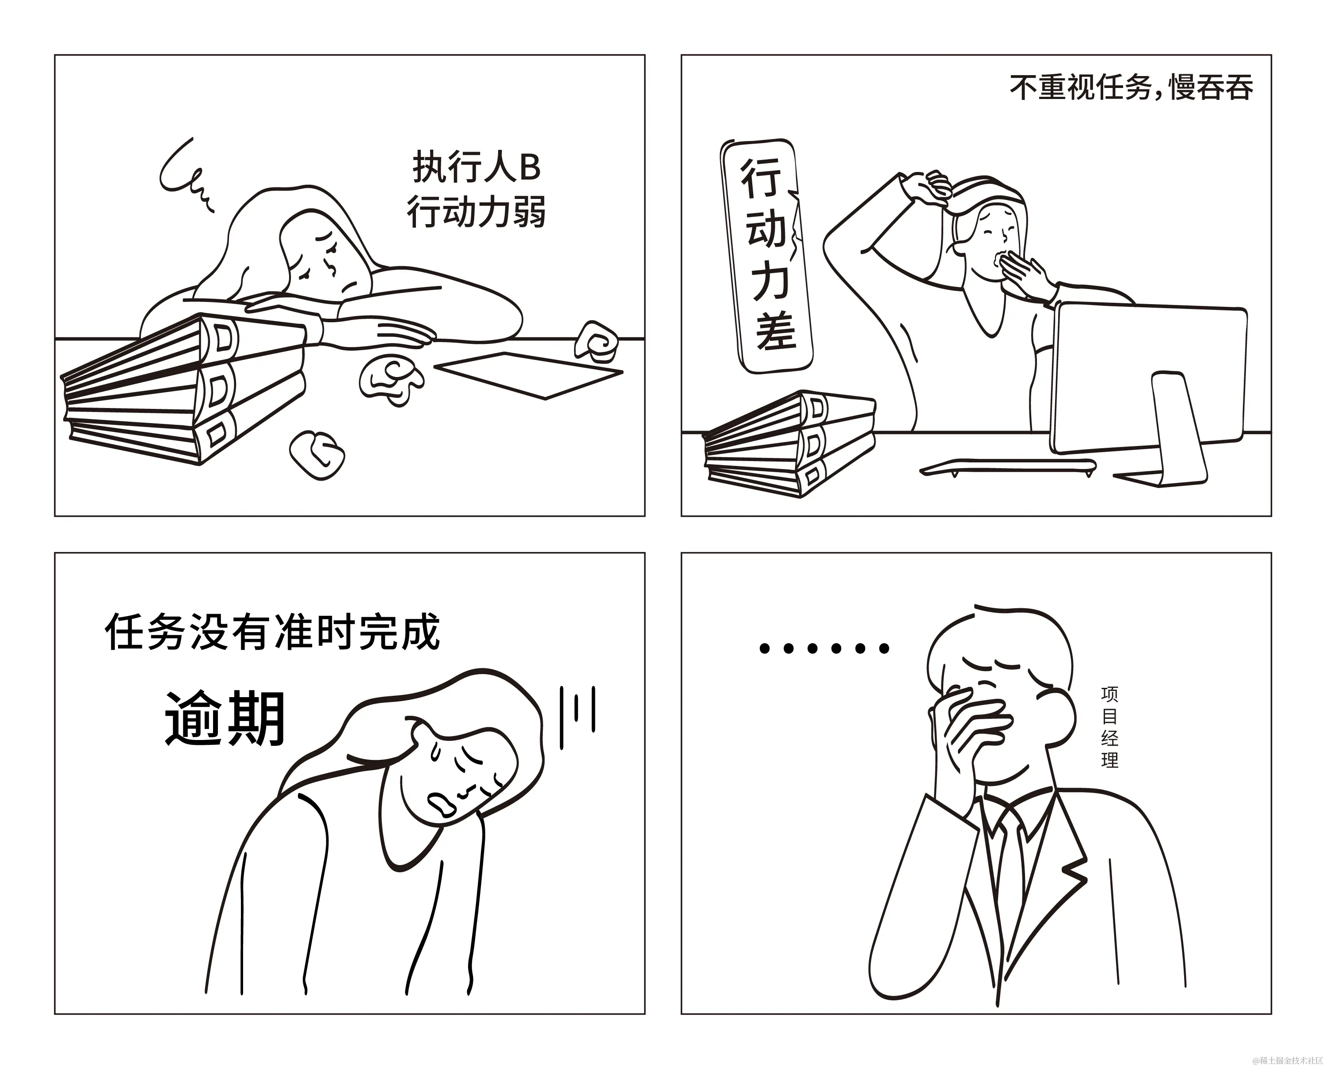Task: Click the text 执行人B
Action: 476,167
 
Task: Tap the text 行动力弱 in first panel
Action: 476,212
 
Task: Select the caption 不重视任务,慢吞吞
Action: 1131,88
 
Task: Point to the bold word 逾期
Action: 225,718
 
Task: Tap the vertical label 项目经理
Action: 1109,727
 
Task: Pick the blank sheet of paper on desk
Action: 528,374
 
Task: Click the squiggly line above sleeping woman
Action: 184,174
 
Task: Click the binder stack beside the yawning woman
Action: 790,444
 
